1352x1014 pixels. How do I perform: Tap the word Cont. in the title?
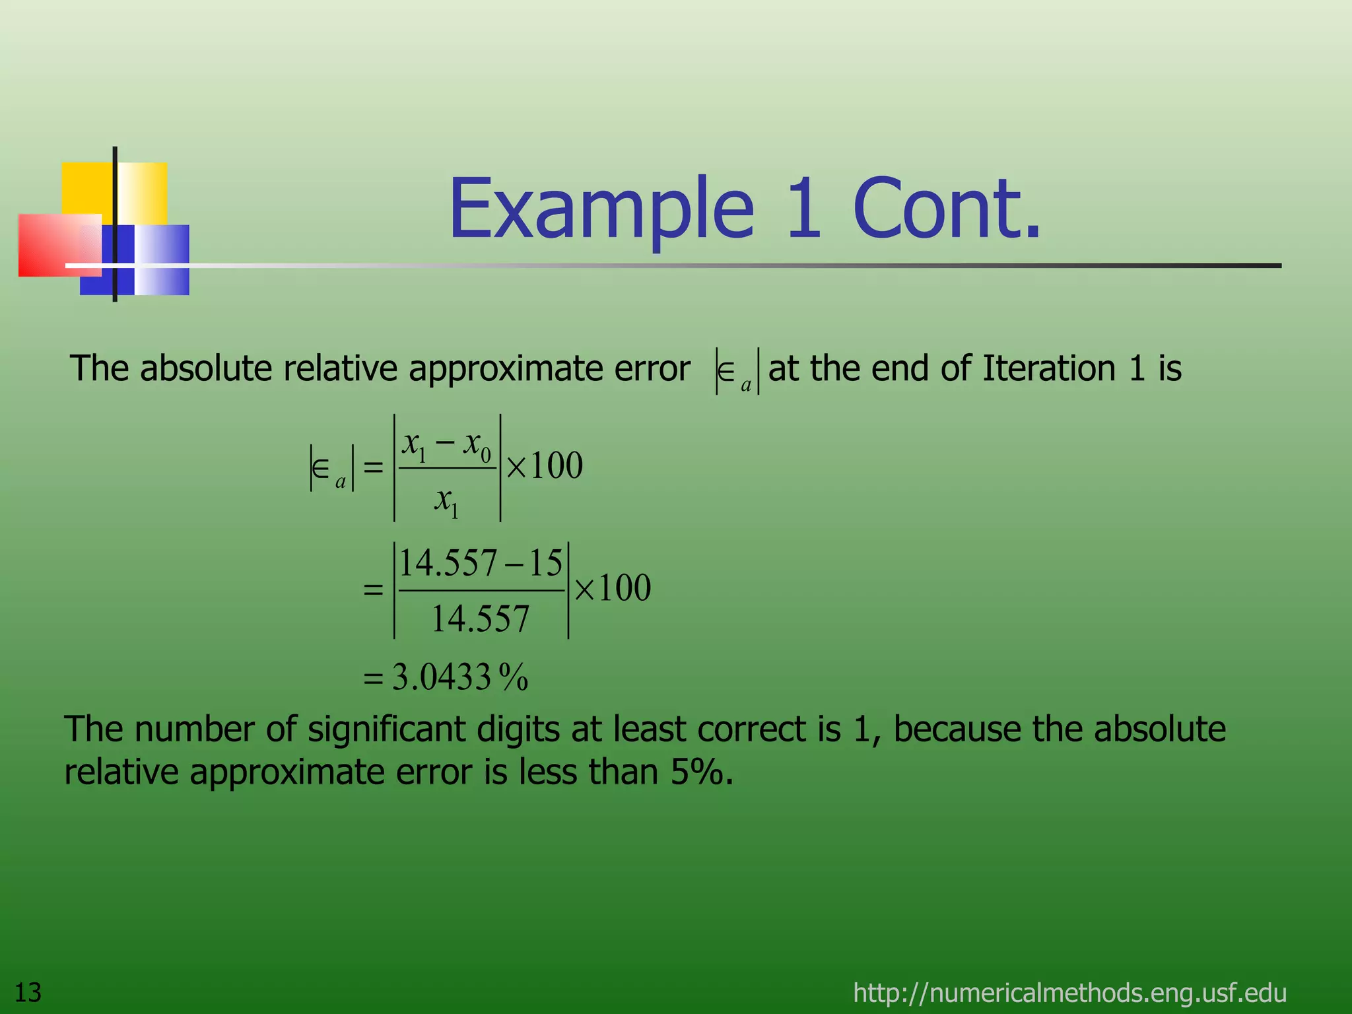[x=947, y=209]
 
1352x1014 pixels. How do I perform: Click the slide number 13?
[x=28, y=992]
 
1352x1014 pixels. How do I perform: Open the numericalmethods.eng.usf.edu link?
[x=1069, y=992]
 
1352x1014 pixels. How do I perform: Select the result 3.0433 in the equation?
[x=441, y=677]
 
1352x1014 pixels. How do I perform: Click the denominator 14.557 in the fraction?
[x=480, y=619]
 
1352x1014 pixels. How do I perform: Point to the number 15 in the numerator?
[x=545, y=563]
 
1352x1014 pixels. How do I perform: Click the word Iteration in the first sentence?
[x=1049, y=368]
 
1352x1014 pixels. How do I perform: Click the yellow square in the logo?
[x=89, y=188]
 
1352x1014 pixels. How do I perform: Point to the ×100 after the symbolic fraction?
[x=545, y=466]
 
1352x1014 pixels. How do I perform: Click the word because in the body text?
[x=957, y=729]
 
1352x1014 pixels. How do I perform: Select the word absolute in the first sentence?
[x=206, y=368]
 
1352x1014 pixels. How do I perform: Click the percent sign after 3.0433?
[x=514, y=677]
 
